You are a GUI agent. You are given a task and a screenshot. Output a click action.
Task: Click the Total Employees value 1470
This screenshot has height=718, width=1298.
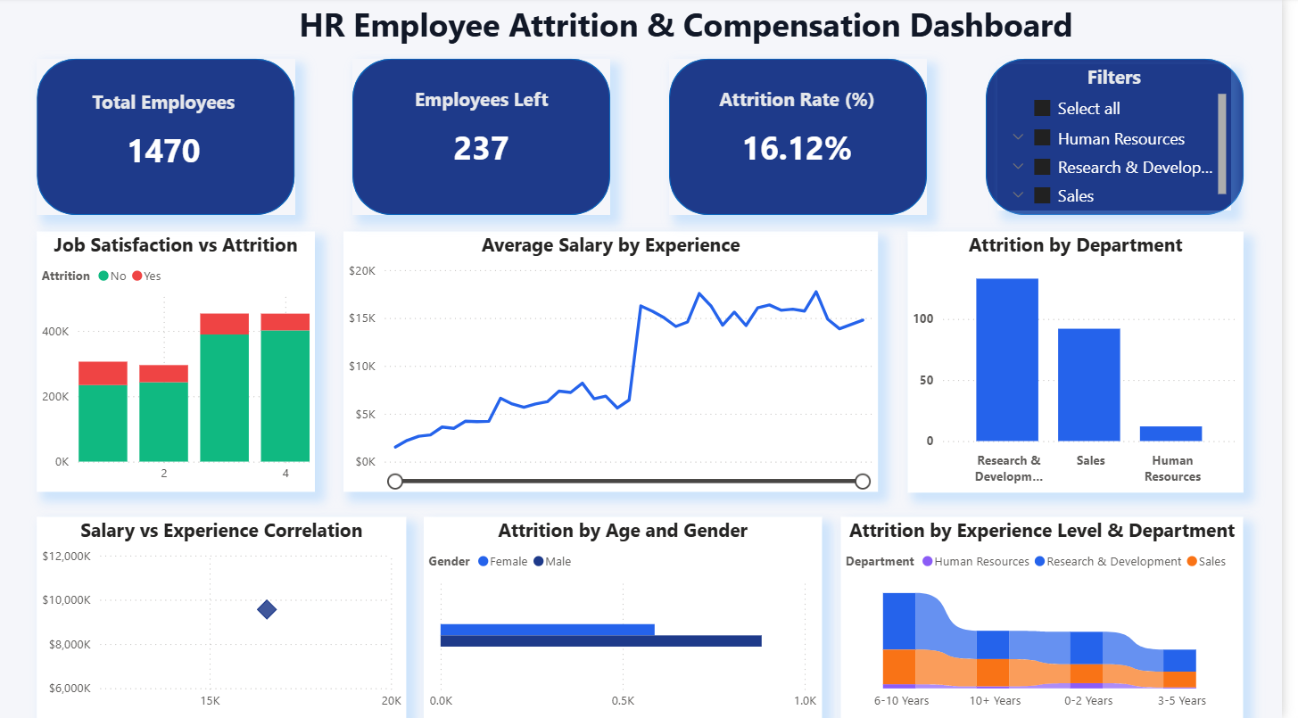click(x=164, y=151)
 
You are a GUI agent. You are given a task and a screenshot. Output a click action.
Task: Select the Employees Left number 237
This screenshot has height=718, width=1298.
click(x=481, y=148)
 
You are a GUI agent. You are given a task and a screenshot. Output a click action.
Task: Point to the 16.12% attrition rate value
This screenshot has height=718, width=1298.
click(x=797, y=148)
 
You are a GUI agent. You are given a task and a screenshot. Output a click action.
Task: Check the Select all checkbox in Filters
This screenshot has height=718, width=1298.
click(x=1042, y=109)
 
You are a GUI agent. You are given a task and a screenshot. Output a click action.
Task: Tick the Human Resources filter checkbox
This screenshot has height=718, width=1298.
click(x=1042, y=138)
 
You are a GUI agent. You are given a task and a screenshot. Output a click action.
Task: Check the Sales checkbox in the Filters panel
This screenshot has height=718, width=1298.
click(x=1042, y=195)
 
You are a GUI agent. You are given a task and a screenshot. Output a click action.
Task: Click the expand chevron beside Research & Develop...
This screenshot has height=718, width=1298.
click(x=1017, y=167)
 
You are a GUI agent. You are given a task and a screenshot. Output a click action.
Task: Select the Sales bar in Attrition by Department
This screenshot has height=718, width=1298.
click(x=1088, y=384)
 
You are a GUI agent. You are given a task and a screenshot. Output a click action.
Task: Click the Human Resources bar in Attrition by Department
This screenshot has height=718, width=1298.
click(x=1170, y=433)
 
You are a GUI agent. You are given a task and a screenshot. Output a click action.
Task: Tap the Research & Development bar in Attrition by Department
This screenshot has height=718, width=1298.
click(x=1006, y=359)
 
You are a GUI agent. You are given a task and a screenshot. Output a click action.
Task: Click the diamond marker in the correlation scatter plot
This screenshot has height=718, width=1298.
click(x=267, y=609)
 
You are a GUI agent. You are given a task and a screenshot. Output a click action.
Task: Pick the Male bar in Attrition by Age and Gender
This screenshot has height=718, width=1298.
click(x=600, y=640)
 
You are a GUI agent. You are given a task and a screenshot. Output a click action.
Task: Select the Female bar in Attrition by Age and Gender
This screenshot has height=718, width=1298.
click(x=547, y=630)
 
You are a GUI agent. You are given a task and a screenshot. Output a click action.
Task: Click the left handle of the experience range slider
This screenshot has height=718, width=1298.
click(x=395, y=482)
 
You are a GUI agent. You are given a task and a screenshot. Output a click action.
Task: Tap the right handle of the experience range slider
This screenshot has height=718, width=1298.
click(x=862, y=482)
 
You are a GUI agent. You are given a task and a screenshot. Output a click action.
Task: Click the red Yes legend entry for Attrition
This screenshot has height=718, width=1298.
click(x=147, y=276)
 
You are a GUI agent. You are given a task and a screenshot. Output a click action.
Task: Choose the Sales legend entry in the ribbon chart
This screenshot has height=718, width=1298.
click(x=1206, y=562)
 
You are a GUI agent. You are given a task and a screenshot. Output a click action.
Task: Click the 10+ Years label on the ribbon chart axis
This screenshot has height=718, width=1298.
click(x=995, y=700)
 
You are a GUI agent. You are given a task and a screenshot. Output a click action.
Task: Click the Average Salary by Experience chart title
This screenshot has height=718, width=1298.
click(x=610, y=245)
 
